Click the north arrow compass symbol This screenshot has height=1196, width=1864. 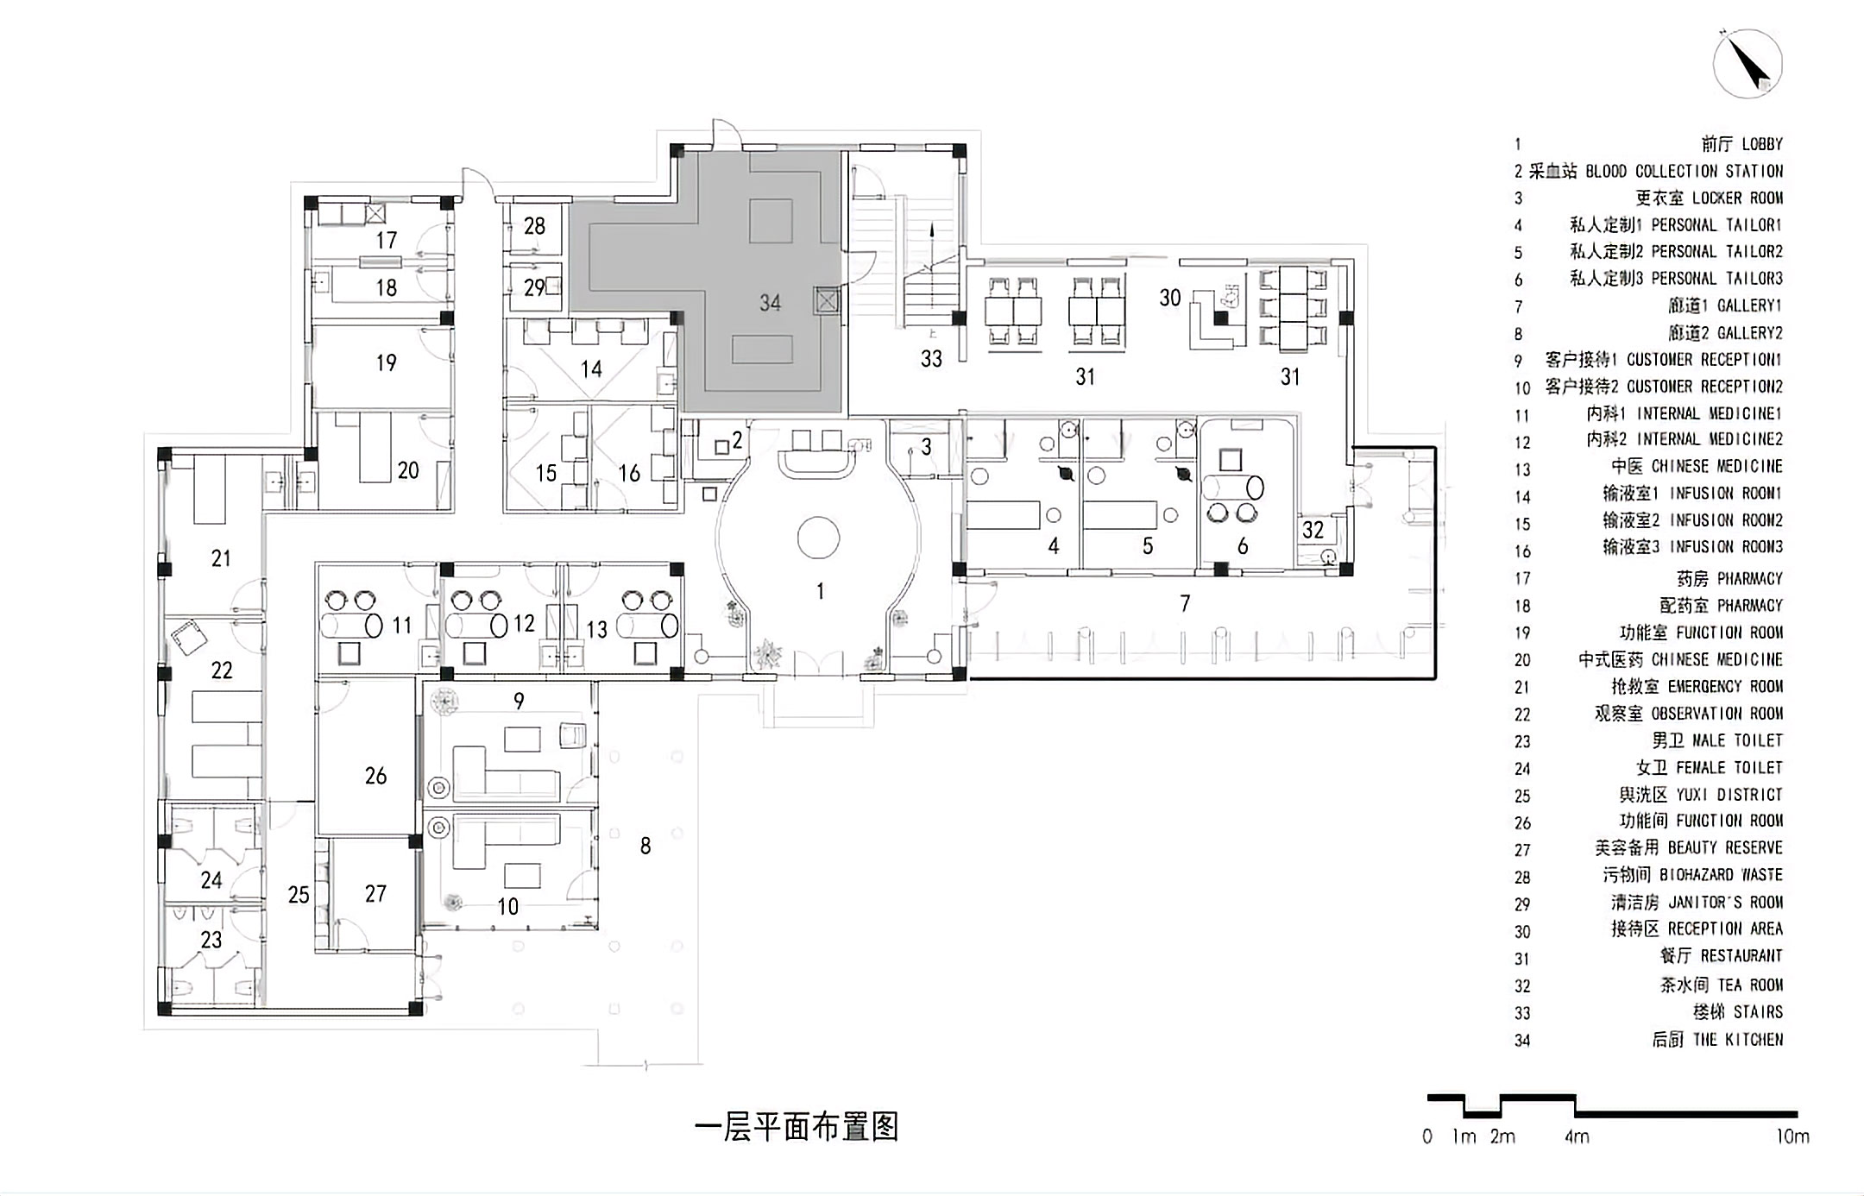[1747, 65]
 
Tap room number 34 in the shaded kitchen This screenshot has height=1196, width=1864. [770, 302]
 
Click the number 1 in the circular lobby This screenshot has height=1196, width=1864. [820, 591]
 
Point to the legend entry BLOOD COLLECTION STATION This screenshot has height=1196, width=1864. [1684, 171]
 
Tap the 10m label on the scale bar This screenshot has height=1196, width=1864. [1792, 1136]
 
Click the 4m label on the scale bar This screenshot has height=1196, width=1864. [1577, 1136]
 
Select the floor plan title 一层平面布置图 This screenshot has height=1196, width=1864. [797, 1127]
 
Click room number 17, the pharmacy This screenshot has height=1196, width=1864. [386, 240]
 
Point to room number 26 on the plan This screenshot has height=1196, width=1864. [375, 776]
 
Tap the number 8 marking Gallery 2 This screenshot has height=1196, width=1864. [645, 846]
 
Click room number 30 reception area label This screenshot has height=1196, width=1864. [1169, 298]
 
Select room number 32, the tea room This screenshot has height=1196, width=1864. [1313, 529]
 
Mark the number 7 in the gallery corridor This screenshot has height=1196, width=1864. [1185, 603]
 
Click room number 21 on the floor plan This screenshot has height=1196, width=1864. [221, 558]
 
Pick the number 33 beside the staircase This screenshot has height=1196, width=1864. [931, 358]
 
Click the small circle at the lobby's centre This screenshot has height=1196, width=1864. [818, 538]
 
